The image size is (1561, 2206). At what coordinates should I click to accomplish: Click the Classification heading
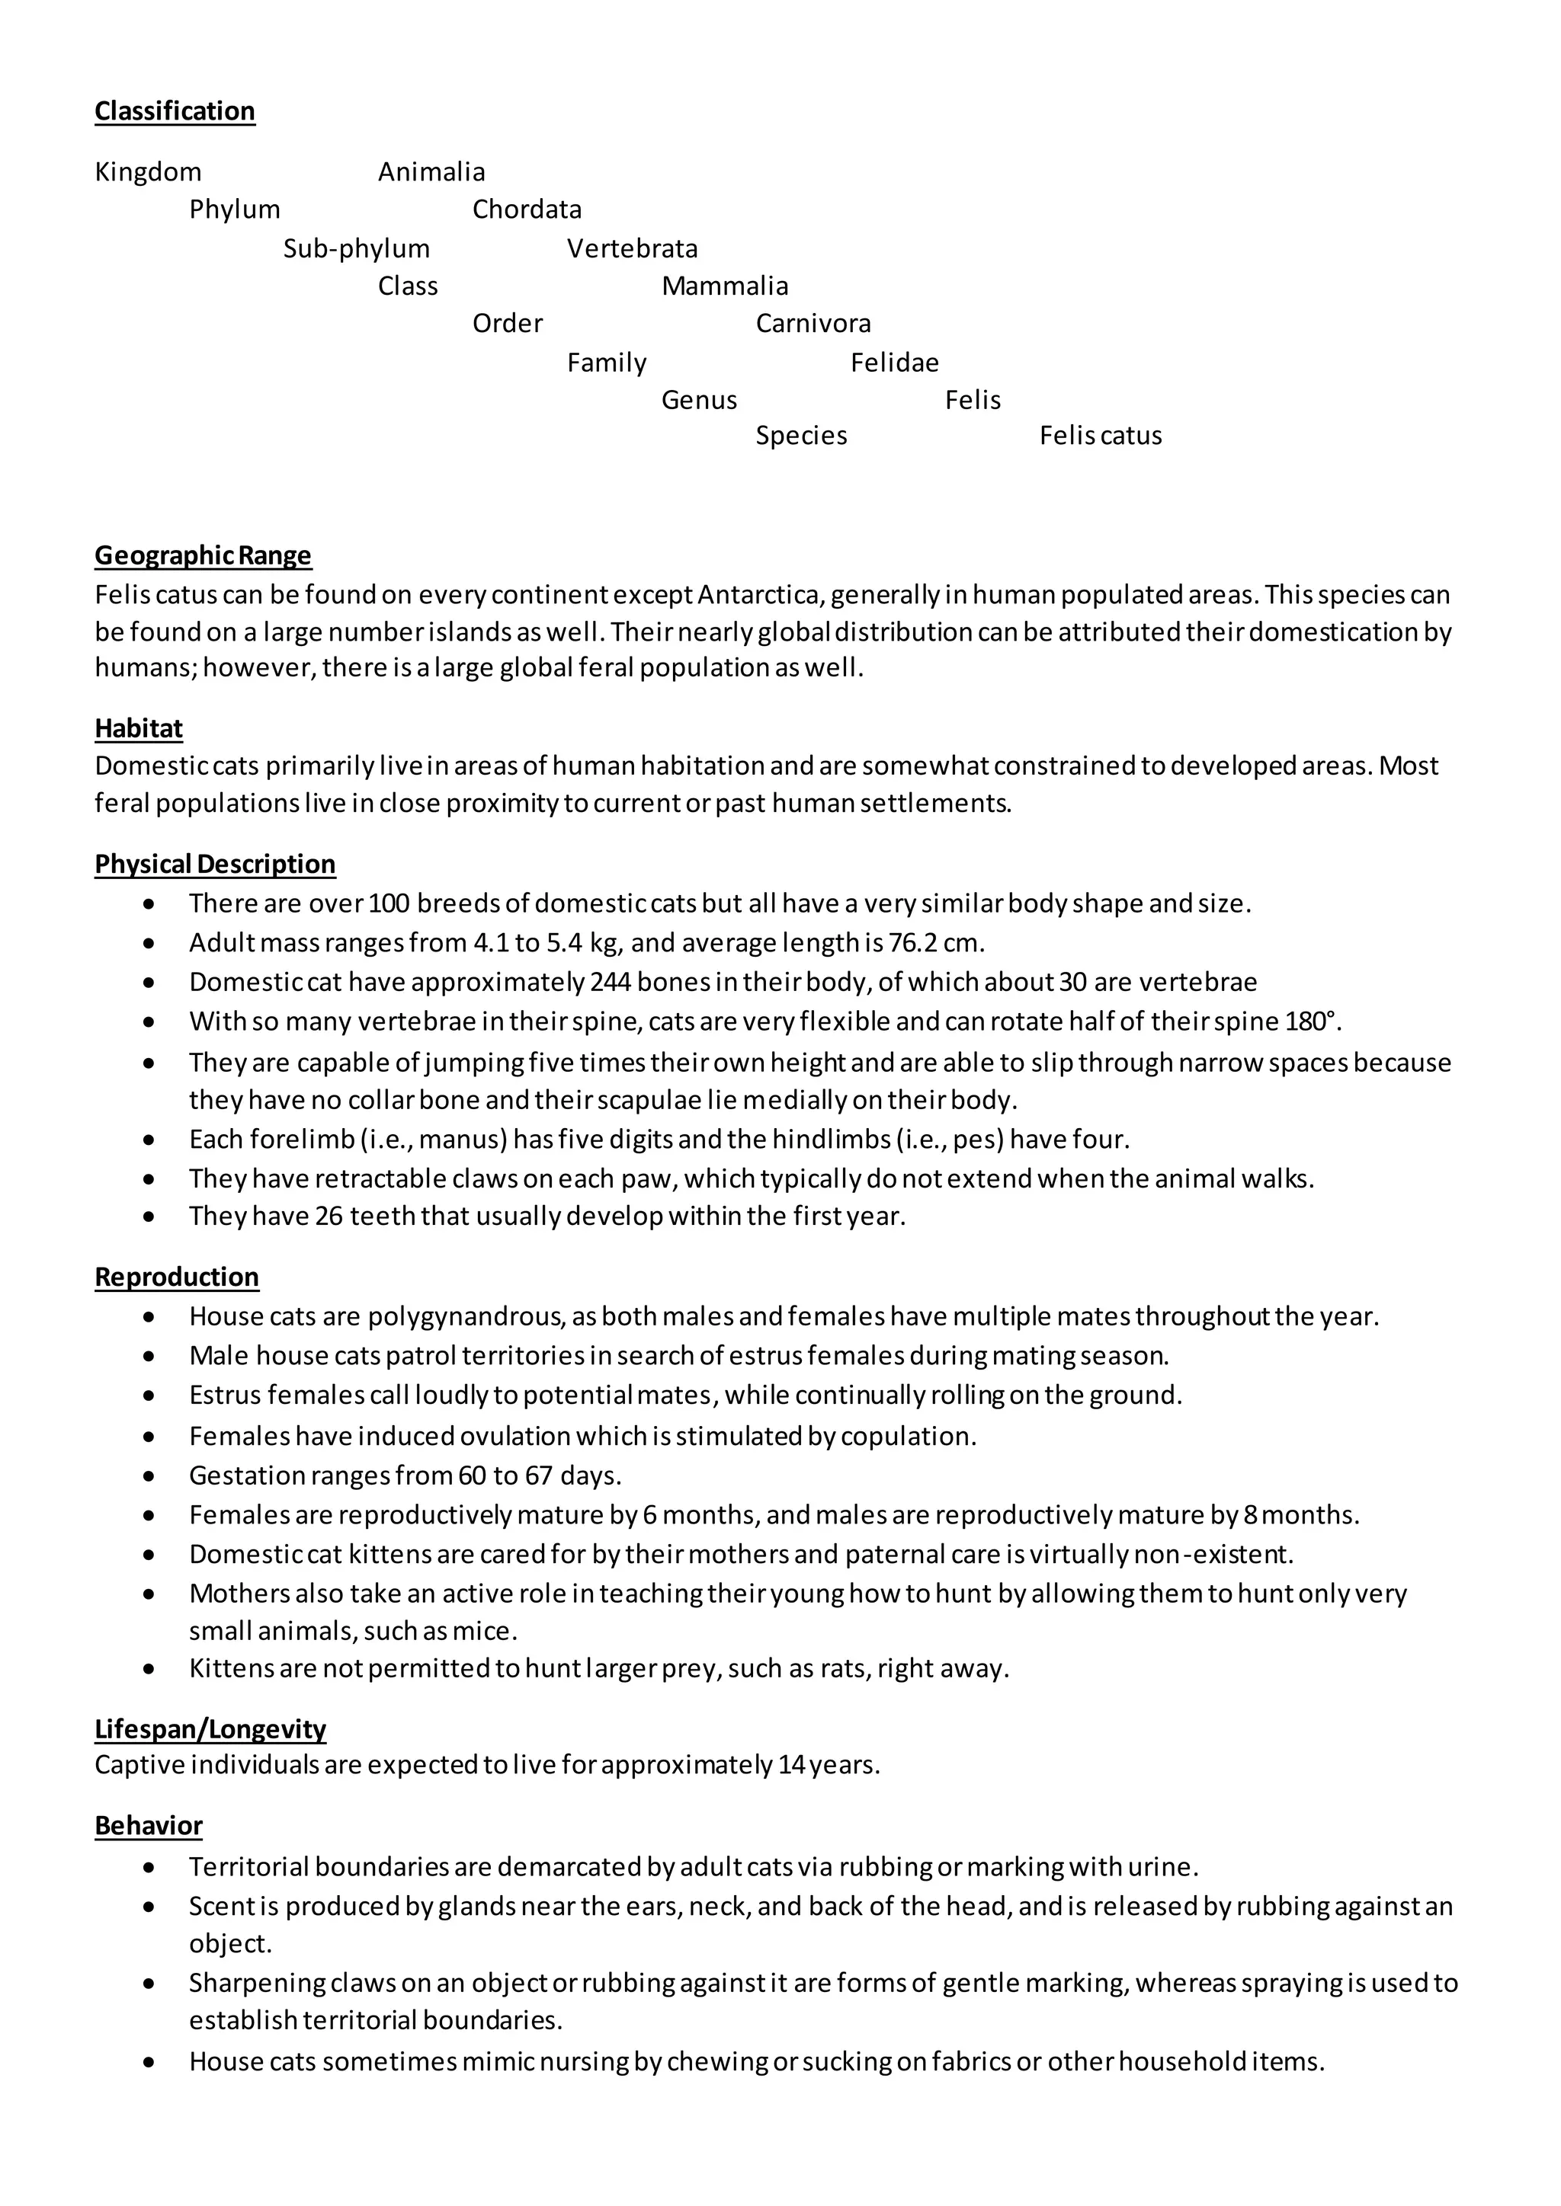(175, 111)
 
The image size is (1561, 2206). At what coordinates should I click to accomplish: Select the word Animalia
(431, 172)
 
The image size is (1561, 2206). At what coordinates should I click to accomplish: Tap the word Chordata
(527, 209)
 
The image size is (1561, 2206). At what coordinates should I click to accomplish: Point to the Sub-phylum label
(357, 249)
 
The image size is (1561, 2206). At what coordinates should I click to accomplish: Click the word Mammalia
(725, 286)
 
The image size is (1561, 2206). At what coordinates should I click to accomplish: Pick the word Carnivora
(813, 324)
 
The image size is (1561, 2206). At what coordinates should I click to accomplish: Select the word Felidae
(894, 363)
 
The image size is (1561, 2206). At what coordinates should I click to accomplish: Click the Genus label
(699, 401)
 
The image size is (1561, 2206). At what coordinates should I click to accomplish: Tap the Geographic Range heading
(203, 555)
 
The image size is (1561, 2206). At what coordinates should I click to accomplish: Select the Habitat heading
(139, 728)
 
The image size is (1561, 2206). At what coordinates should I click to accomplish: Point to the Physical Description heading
(215, 864)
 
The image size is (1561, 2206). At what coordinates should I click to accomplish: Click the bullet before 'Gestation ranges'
(148, 1475)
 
